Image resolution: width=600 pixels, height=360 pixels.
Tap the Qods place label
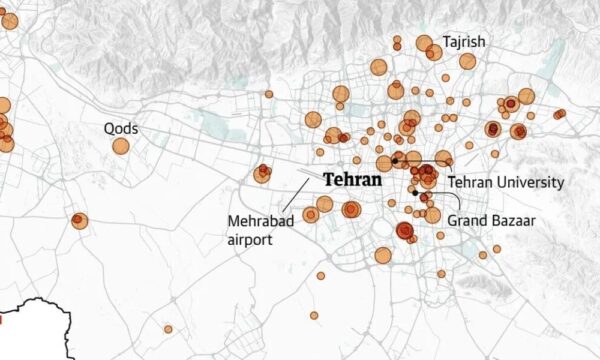click(x=121, y=128)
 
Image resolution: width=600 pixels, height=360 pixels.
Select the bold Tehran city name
click(x=351, y=181)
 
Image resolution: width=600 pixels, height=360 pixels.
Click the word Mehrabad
click(x=260, y=220)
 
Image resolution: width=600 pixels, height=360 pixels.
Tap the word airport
click(x=250, y=239)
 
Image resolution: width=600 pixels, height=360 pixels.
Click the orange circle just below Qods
click(x=121, y=146)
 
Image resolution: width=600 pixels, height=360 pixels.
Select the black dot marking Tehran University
click(x=395, y=161)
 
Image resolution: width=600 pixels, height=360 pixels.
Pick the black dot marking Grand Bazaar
click(x=414, y=192)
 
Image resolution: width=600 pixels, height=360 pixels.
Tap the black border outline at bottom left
click(x=30, y=305)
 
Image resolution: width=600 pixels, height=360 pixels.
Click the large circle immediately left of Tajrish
click(x=424, y=43)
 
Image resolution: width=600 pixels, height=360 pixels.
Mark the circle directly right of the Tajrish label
click(x=468, y=60)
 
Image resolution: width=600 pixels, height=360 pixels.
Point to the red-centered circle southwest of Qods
click(x=78, y=220)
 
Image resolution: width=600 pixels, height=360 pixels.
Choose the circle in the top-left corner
click(x=8, y=20)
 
